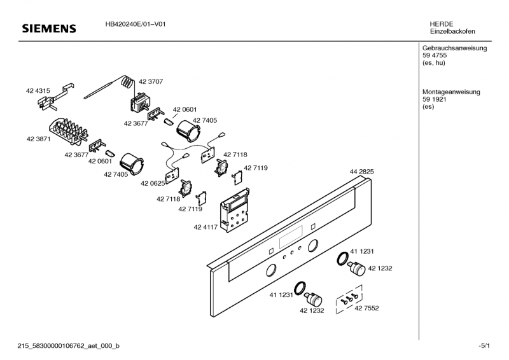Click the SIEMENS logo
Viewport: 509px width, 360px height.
tap(49, 29)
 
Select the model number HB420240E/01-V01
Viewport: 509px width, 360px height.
tap(136, 24)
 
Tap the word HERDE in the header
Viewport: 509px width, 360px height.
tap(441, 24)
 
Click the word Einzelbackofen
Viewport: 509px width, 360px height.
tap(452, 32)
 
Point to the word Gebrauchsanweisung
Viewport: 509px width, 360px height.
tap(454, 48)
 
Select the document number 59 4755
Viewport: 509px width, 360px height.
tap(435, 56)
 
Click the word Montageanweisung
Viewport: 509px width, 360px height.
tap(451, 92)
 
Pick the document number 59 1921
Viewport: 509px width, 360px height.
tap(435, 100)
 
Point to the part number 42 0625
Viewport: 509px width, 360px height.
tap(153, 183)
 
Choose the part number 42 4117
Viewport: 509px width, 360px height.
tap(206, 226)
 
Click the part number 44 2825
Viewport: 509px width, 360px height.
tap(361, 172)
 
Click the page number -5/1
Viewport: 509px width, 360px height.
tap(484, 345)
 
